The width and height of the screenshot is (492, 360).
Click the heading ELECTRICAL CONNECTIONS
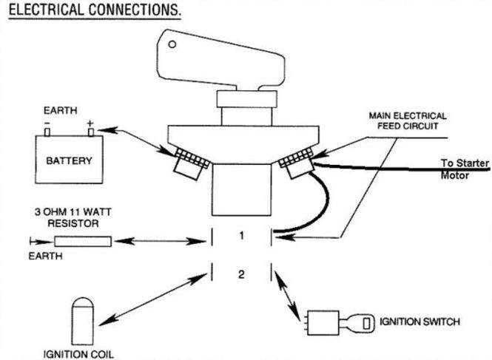point(95,10)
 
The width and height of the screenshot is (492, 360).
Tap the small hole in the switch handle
point(172,44)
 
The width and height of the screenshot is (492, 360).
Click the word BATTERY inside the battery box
point(69,161)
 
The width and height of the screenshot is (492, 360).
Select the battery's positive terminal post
point(91,132)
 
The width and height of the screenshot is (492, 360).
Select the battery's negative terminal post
point(47,132)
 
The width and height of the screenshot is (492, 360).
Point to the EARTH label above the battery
point(60,110)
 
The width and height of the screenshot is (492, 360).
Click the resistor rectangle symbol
point(83,242)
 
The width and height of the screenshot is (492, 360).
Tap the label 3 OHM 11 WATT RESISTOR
point(73,217)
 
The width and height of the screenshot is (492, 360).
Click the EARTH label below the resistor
point(45,256)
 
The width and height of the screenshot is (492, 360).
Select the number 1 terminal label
point(241,236)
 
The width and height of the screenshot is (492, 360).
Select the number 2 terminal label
point(241,274)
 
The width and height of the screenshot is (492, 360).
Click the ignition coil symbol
point(83,321)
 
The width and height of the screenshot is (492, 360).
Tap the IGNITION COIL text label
point(78,354)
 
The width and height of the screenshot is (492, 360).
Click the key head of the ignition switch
point(362,323)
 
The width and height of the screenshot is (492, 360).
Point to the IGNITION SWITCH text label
point(419,322)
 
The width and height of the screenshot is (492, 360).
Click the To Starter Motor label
point(465,169)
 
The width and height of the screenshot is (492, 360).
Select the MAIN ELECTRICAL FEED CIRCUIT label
point(408,121)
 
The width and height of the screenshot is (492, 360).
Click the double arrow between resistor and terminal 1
point(160,241)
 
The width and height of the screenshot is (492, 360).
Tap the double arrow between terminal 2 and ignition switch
point(287,296)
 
